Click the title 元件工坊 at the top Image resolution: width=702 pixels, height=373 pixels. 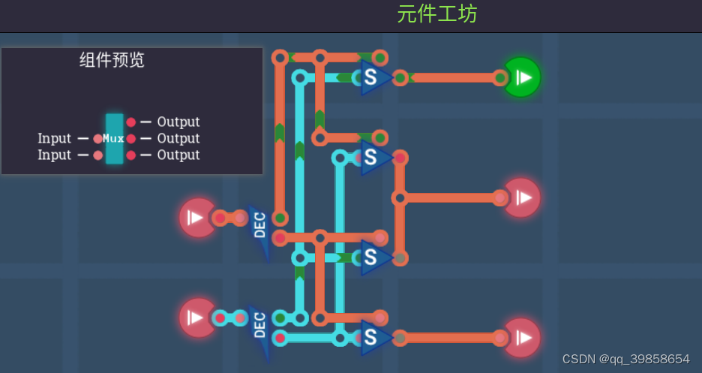pos(436,14)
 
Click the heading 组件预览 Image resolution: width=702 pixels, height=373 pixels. pos(112,60)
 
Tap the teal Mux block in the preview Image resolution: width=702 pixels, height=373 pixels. pos(114,139)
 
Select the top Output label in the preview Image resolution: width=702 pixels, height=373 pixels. pos(178,122)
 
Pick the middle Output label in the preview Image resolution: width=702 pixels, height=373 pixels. pos(178,139)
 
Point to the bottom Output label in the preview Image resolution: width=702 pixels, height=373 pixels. pos(178,155)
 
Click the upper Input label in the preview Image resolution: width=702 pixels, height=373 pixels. pos(54,139)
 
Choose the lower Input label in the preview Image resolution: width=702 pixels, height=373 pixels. pos(54,155)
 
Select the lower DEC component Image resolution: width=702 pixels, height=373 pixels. pos(259,326)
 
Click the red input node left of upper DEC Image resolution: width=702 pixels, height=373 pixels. pos(197,218)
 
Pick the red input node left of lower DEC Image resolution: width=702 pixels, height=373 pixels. pos(197,317)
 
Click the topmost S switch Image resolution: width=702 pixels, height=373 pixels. pos(373,77)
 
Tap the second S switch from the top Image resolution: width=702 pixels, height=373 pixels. pos(373,158)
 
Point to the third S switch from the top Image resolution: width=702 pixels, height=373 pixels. pos(373,257)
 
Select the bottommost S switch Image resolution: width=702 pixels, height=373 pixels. pos(373,338)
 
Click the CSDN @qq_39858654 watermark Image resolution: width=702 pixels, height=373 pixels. pos(625,359)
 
